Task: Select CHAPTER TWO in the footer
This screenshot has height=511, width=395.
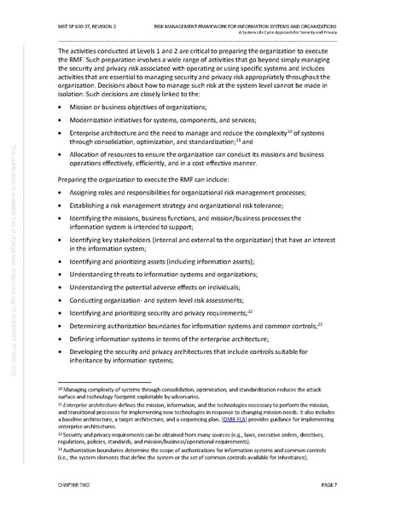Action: (x=74, y=483)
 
